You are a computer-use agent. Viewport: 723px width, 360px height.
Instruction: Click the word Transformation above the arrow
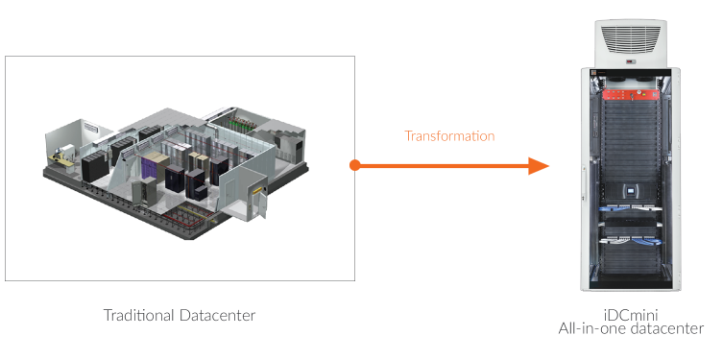pos(449,136)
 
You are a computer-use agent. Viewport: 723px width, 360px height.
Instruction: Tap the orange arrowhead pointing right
pos(539,166)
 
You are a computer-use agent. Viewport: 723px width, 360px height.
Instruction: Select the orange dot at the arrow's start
pos(355,166)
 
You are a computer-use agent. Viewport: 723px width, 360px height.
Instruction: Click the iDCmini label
pos(631,315)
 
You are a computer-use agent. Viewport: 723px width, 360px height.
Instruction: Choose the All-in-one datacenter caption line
pos(631,329)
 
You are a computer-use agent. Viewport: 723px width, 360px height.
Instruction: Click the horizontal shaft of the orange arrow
pos(442,166)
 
